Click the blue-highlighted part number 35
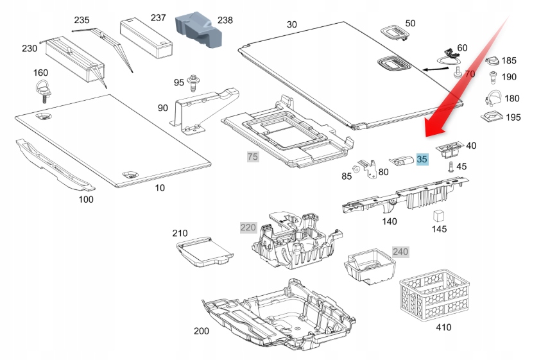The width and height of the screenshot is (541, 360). [x=422, y=159]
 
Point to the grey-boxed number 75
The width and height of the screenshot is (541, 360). [x=253, y=157]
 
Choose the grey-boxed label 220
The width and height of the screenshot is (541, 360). [x=248, y=227]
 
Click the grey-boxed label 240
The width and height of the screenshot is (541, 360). [x=400, y=251]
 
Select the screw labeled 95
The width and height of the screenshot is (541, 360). [x=193, y=83]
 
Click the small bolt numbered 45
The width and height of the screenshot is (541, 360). [x=451, y=167]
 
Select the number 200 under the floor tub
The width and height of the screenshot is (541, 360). [x=201, y=331]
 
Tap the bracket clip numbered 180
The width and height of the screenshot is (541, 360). [x=492, y=98]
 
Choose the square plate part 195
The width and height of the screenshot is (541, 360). [x=491, y=117]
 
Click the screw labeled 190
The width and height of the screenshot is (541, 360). [x=492, y=78]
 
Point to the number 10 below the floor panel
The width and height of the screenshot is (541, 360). [x=159, y=188]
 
